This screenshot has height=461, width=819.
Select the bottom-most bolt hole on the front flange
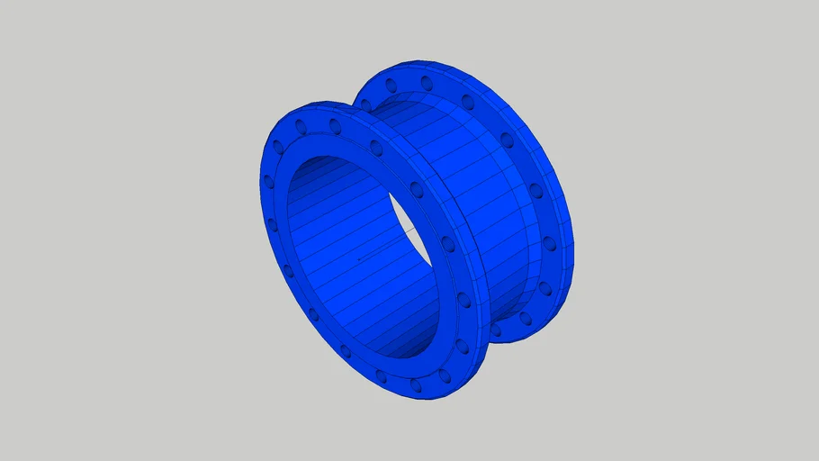[x=416, y=384]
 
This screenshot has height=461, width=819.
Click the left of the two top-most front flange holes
[x=301, y=126]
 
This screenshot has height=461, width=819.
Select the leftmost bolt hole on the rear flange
[x=391, y=86]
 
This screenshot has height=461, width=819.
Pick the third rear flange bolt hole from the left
[x=467, y=102]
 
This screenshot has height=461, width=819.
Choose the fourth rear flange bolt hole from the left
[x=507, y=140]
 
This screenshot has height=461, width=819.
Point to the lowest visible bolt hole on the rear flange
[x=526, y=319]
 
